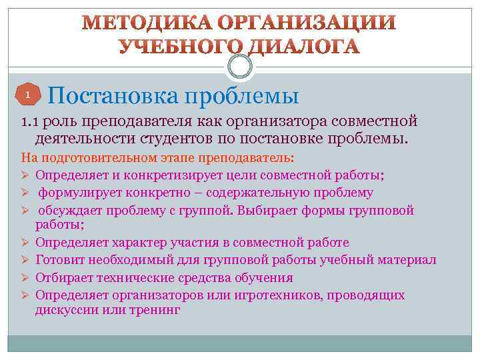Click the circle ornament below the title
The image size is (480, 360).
240,66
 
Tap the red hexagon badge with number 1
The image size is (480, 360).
27,95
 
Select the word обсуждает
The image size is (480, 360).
69,210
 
